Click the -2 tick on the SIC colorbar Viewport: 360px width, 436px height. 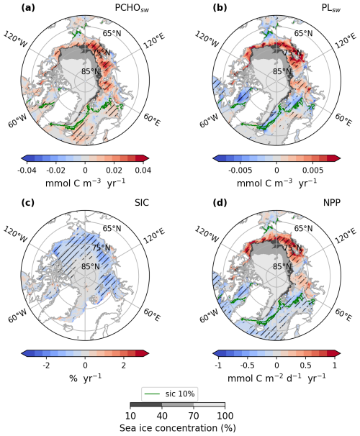click(45, 365)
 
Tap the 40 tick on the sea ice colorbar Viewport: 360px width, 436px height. click(163, 416)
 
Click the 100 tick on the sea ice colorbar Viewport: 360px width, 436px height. click(225, 416)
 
